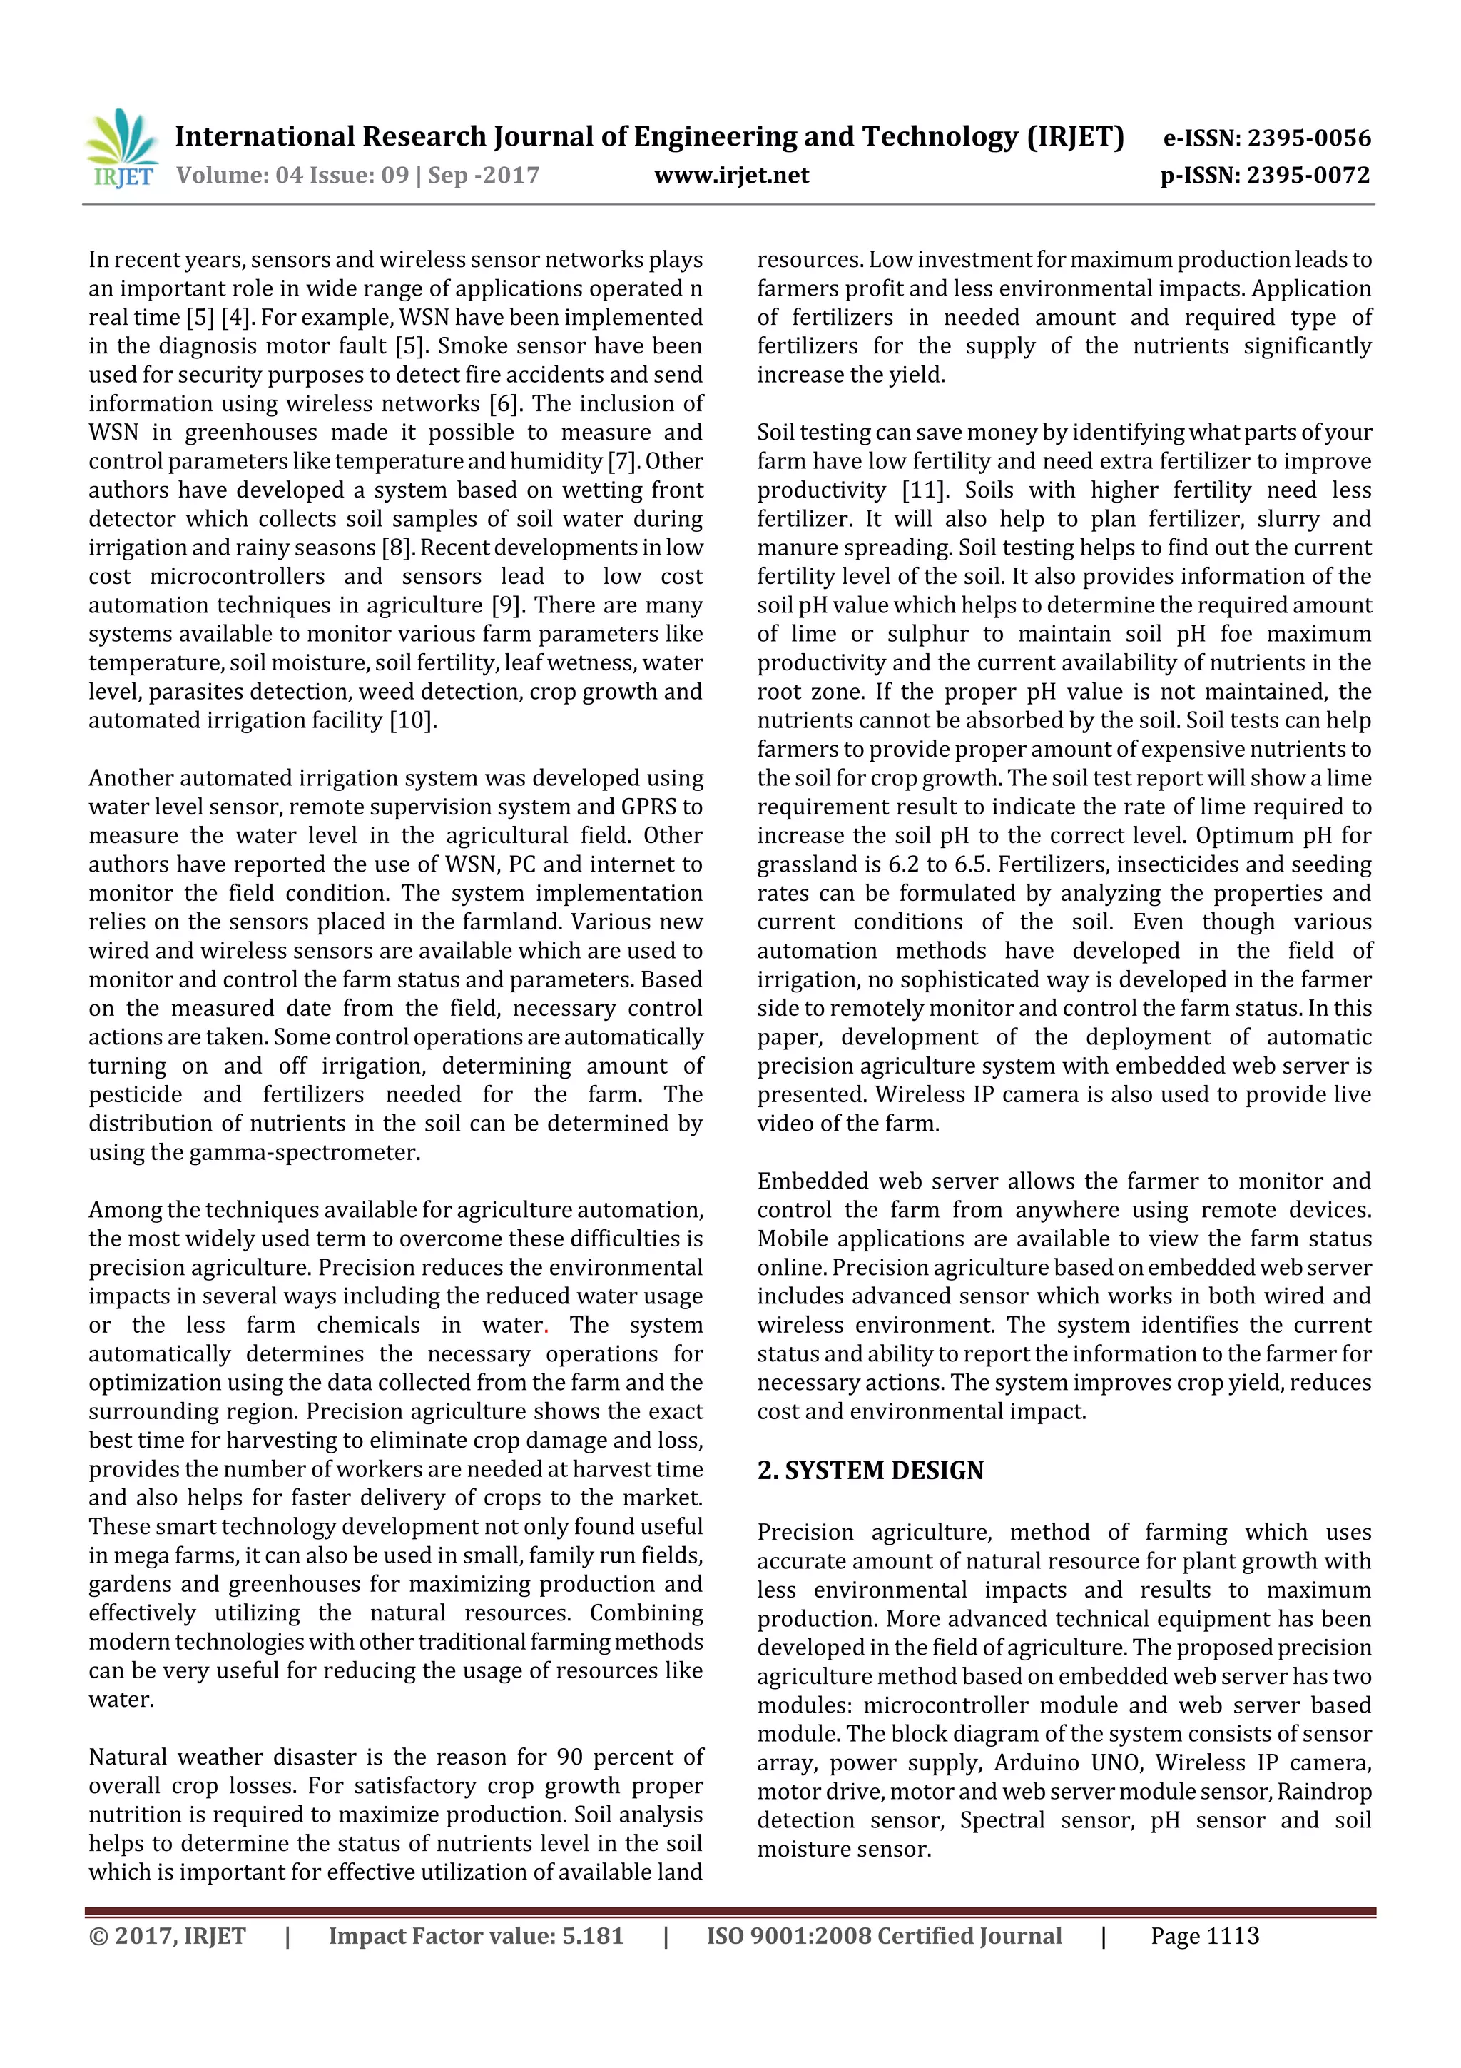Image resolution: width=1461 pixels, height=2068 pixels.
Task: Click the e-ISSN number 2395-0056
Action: point(1308,138)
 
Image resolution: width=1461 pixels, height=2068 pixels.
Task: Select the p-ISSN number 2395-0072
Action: point(1308,175)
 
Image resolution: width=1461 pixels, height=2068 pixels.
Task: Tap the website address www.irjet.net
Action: point(731,176)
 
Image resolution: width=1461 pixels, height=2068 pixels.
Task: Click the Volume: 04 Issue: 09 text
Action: point(292,176)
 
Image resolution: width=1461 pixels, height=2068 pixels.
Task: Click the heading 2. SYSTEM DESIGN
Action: point(870,1471)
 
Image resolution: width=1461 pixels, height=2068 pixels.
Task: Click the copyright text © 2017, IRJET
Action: point(168,1936)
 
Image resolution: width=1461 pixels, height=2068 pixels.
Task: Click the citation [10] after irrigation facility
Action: point(412,720)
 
